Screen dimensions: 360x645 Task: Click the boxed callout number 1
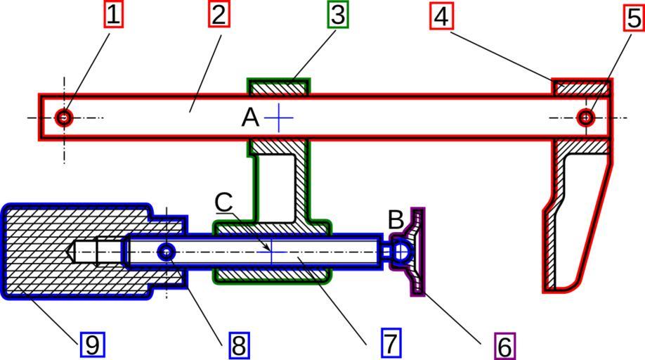(x=113, y=13)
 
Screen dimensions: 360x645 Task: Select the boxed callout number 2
(x=219, y=14)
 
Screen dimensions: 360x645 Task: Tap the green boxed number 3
(x=338, y=14)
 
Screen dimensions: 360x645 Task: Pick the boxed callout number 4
(x=441, y=16)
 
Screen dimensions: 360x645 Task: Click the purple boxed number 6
(x=504, y=346)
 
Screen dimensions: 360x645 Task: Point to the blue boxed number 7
(x=391, y=343)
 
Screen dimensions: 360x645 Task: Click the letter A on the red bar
(x=250, y=117)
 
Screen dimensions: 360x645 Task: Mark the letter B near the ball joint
(x=396, y=220)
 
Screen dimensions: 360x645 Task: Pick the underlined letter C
(x=224, y=202)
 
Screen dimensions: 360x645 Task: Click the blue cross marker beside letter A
(x=279, y=117)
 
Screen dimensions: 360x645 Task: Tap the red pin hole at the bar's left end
(x=64, y=117)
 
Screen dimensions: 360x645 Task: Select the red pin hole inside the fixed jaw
(x=585, y=117)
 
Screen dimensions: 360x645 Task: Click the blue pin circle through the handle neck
(x=167, y=252)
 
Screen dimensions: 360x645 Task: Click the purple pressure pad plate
(x=417, y=251)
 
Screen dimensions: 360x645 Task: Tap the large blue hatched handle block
(x=63, y=252)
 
